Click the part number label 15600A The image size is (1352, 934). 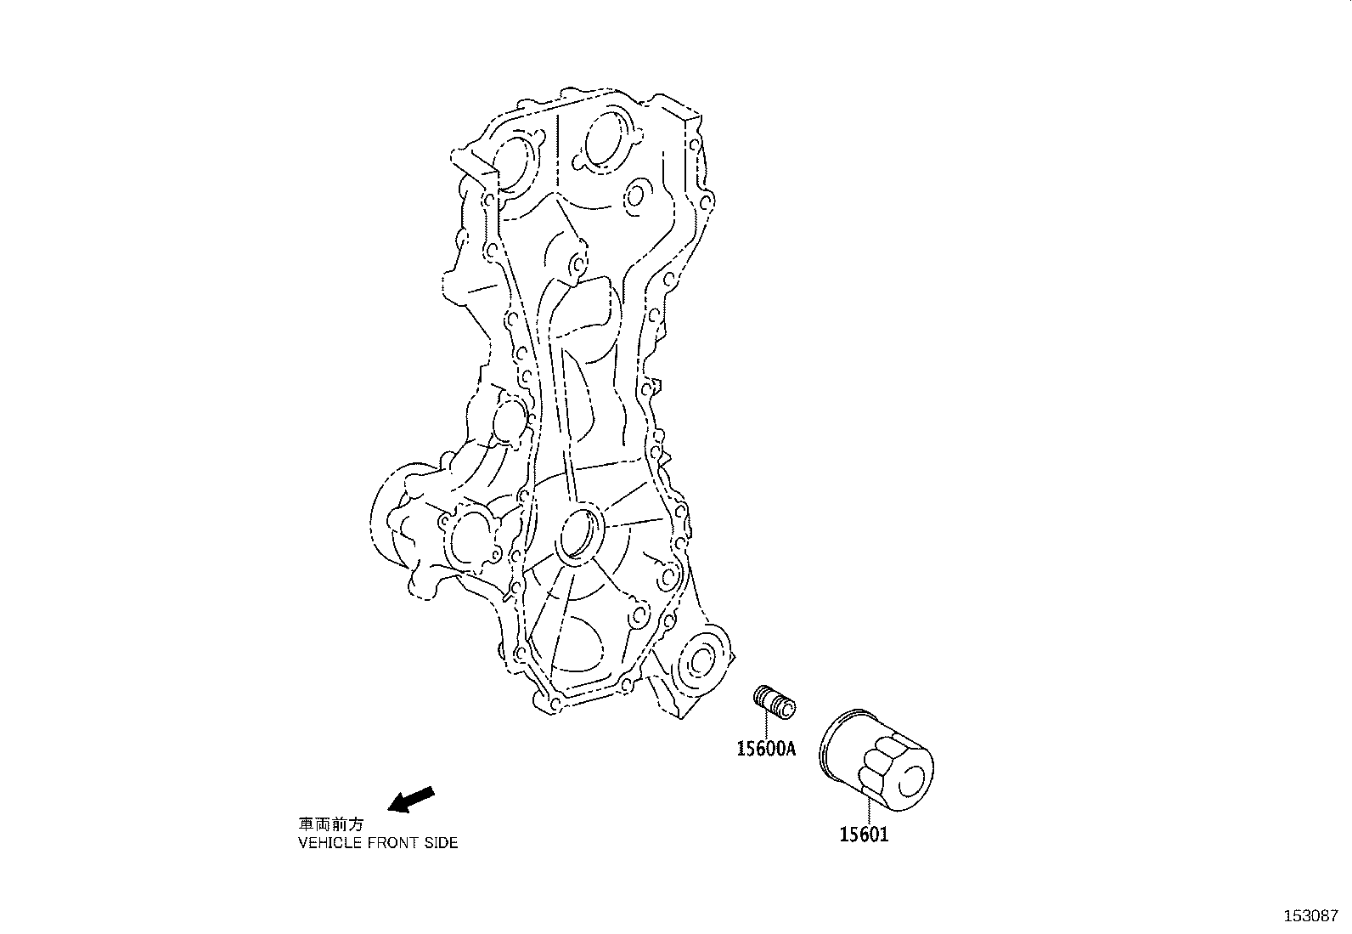(766, 749)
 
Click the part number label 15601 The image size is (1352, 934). (864, 835)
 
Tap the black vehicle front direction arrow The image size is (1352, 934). (411, 799)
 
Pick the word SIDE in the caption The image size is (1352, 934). (442, 843)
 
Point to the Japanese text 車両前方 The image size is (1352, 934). (330, 824)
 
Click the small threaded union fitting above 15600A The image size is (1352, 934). (775, 701)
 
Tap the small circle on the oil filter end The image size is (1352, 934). (915, 779)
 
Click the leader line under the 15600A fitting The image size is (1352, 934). (766, 727)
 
